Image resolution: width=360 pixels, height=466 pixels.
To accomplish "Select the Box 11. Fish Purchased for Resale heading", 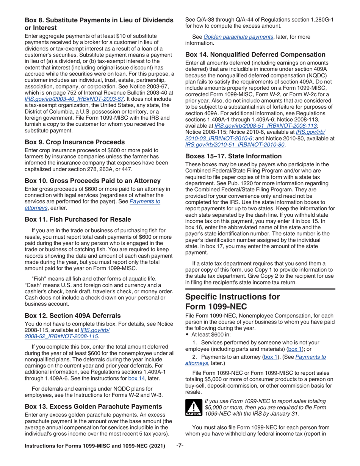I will [x=78, y=219].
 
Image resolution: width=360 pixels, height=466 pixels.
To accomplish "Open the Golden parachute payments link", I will [x=238, y=37].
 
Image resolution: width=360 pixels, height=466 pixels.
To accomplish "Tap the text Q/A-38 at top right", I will [x=207, y=20].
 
